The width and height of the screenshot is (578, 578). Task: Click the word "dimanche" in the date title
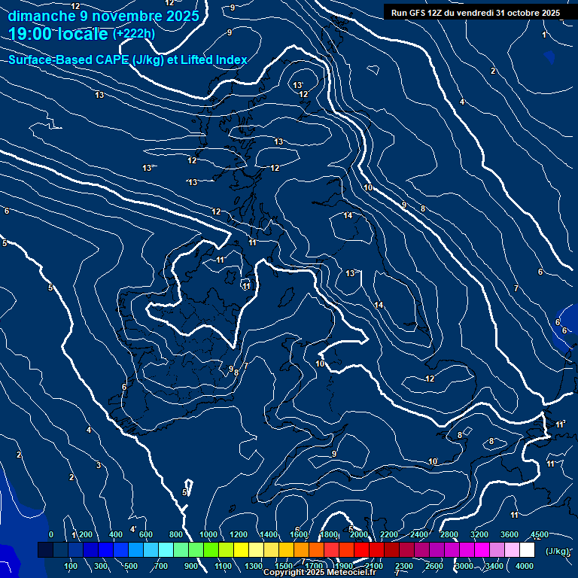41,16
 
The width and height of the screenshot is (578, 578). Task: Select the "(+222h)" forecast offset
134,33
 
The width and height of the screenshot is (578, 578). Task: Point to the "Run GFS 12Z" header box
476,13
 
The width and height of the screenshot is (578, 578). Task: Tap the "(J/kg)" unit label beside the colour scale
558,551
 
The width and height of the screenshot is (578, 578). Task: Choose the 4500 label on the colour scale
540,534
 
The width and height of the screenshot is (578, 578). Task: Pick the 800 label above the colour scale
177,534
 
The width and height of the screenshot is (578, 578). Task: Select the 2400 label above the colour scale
418,534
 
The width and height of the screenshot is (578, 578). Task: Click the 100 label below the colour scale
71,566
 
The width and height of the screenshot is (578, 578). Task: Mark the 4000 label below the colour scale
525,566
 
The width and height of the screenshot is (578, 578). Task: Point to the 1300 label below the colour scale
254,566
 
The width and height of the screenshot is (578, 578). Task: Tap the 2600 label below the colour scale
434,566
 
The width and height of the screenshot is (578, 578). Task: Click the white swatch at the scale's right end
527,550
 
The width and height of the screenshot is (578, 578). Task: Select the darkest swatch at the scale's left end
45,550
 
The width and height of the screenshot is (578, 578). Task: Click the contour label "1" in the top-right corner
544,35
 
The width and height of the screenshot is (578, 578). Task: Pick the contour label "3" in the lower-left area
98,465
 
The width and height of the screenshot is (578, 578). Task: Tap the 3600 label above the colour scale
510,534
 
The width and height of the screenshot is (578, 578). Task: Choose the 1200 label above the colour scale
238,534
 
